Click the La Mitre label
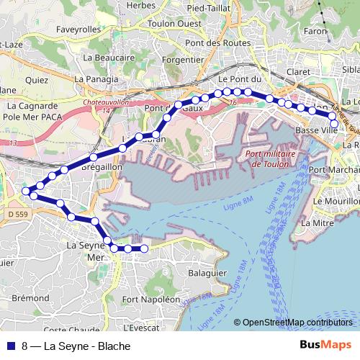(315, 222)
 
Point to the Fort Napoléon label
(151, 298)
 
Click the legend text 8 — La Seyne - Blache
(71, 346)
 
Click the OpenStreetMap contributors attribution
(297, 323)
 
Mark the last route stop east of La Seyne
(143, 248)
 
